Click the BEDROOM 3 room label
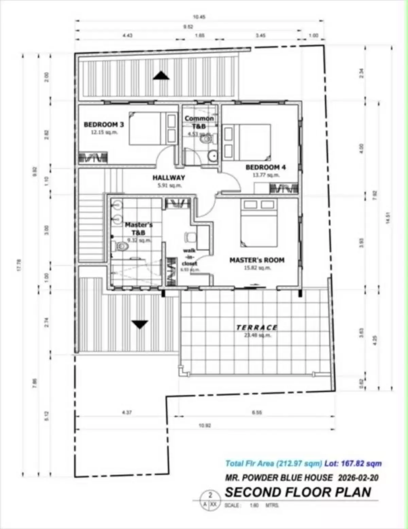coord(104,125)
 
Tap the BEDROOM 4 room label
coord(266,167)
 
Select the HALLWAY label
coord(169,177)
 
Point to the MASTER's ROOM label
coord(257,260)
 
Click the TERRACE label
coord(257,328)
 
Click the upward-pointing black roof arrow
coord(161,75)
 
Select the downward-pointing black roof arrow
coord(140,324)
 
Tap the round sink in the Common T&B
coord(213,156)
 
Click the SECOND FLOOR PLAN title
coord(298,492)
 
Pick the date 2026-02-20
coord(358,478)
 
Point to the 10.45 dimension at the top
coord(199,17)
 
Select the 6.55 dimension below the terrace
coord(257,412)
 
